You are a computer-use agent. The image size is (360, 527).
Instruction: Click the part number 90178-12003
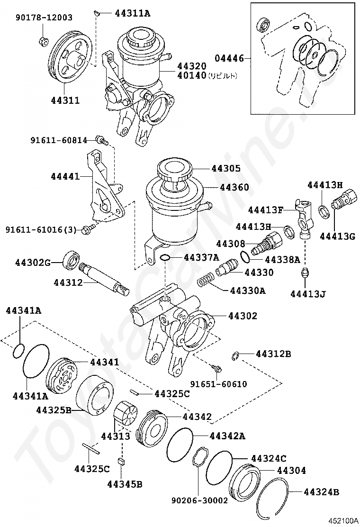click(x=44, y=18)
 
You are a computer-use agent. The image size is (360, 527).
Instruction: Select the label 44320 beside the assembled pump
click(x=192, y=66)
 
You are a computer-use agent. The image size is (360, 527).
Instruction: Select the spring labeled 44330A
click(x=206, y=280)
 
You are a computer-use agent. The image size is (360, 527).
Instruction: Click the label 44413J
click(x=308, y=294)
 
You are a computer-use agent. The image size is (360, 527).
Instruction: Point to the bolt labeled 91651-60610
click(x=216, y=368)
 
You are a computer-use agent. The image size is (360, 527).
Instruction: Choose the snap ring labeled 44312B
click(x=235, y=355)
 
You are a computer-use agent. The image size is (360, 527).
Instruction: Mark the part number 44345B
click(x=125, y=484)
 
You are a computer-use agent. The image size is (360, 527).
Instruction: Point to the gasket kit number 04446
click(x=229, y=58)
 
